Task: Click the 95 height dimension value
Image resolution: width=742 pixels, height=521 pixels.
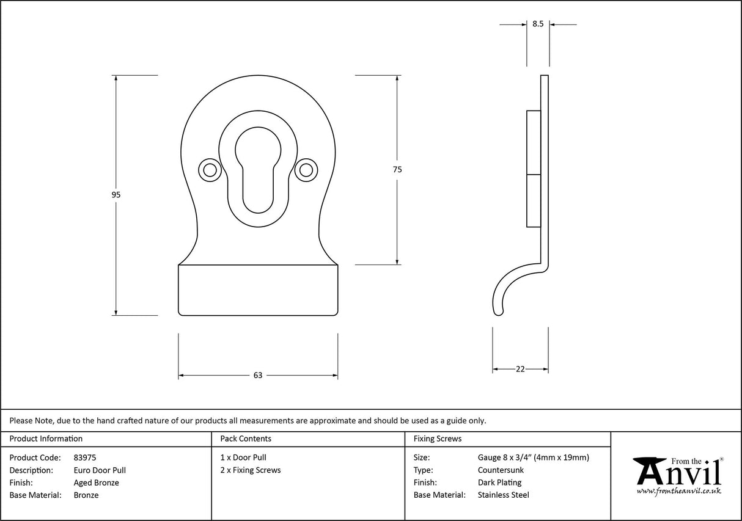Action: coord(116,195)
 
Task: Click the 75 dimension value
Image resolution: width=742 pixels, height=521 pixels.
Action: coord(397,170)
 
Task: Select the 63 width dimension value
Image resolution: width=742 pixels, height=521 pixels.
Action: coord(257,375)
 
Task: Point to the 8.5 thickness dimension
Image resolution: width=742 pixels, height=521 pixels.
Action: coord(538,24)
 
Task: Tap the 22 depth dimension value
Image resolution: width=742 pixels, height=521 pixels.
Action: coord(520,369)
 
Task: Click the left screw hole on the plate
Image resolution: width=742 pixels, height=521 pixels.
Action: coord(210,170)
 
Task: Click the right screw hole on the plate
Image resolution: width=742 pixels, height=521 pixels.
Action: coord(305,170)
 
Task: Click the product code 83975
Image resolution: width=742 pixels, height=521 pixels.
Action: coord(84,457)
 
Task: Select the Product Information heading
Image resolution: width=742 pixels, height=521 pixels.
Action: coord(46,439)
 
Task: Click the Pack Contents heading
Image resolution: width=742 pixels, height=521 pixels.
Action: coord(246,439)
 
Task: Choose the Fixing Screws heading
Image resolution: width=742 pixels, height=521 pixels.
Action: coord(438,439)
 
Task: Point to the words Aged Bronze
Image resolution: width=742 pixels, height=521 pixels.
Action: coord(96,483)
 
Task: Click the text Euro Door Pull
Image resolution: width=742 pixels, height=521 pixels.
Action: coord(100,470)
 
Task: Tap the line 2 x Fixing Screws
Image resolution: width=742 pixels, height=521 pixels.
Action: coord(251,470)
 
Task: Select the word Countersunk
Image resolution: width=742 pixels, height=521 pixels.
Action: coord(501,470)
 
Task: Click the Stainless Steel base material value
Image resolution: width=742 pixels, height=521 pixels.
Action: coord(504,495)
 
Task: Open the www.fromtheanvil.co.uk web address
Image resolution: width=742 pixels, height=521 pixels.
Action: coord(678,490)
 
